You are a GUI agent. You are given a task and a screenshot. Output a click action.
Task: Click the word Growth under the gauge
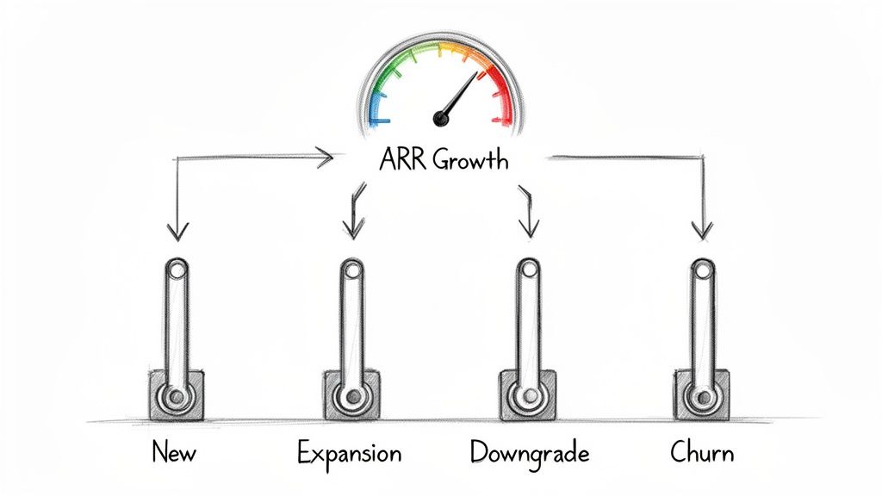[471, 160]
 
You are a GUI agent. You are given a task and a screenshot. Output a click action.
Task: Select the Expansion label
[349, 452]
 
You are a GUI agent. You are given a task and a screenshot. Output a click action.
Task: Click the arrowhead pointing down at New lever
[177, 230]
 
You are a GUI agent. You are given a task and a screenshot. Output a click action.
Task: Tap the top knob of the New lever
[177, 271]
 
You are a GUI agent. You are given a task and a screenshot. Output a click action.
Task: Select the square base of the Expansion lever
[351, 395]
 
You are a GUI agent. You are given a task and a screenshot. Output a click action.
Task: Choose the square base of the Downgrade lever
[526, 395]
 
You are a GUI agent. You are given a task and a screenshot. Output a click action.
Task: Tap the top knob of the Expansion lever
[351, 271]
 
